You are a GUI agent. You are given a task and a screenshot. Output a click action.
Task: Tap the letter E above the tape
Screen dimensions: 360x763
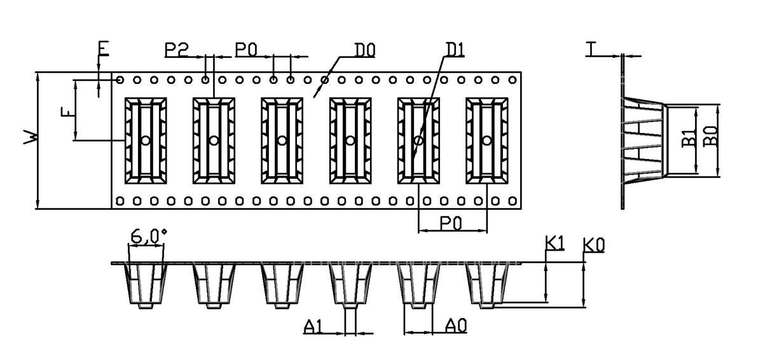(x=103, y=48)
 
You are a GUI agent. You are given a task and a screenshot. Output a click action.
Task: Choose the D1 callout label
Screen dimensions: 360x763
(x=455, y=48)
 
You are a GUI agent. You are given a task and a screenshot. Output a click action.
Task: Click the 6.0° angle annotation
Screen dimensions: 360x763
(x=148, y=237)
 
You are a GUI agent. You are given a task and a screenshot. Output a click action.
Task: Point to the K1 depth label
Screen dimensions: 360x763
(x=555, y=244)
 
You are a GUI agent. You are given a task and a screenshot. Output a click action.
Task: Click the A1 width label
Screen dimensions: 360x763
(x=313, y=327)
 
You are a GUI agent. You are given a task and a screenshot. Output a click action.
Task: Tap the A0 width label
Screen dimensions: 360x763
(x=457, y=327)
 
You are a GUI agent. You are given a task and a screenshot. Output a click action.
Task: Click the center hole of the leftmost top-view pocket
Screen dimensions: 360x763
(x=146, y=141)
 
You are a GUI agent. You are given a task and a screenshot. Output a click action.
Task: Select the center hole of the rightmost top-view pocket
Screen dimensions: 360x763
(x=487, y=141)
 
